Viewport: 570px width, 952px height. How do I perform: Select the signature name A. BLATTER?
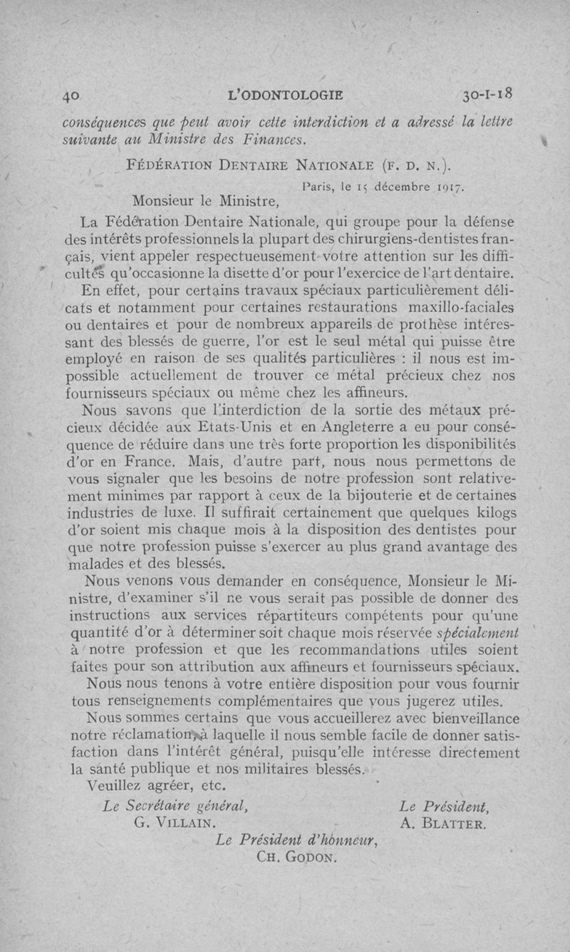click(x=443, y=824)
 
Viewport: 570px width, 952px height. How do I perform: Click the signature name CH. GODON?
click(x=294, y=857)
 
